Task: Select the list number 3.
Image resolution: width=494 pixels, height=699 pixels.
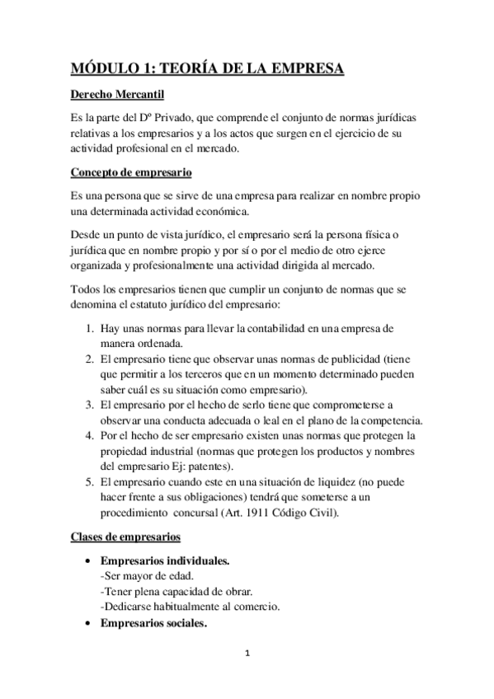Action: [89, 404]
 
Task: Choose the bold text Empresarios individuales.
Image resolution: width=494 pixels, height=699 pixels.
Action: [164, 561]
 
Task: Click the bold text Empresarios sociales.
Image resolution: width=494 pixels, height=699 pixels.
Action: [153, 623]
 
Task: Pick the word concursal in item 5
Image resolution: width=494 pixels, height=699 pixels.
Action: [228, 513]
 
